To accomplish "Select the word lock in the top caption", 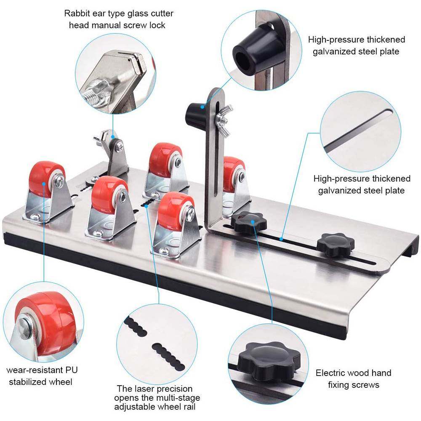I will tap(157, 25).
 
